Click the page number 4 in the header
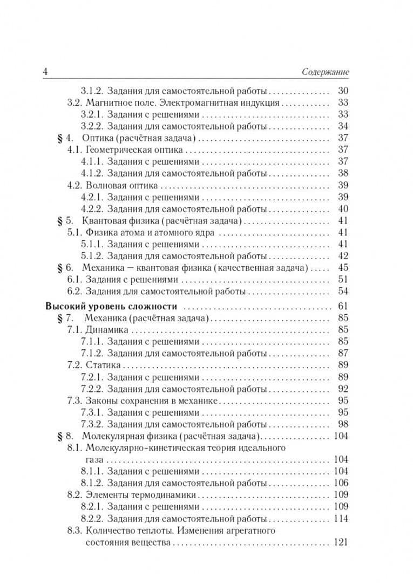45,72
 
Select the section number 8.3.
73,531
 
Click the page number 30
342,91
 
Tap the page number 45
342,268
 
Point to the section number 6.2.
73,291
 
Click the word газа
95,459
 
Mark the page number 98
342,424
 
